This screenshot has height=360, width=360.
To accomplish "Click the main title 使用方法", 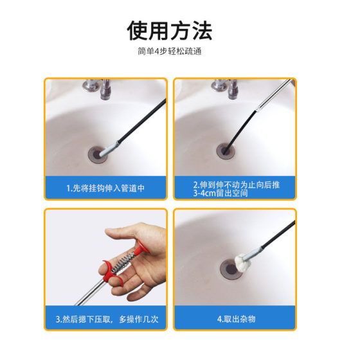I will click(x=170, y=30).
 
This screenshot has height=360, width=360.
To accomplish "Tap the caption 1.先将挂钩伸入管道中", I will click(x=105, y=189).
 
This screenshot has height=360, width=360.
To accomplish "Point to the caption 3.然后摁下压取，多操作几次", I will click(x=105, y=319).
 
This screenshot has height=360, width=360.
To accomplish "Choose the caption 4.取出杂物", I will click(x=234, y=319).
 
